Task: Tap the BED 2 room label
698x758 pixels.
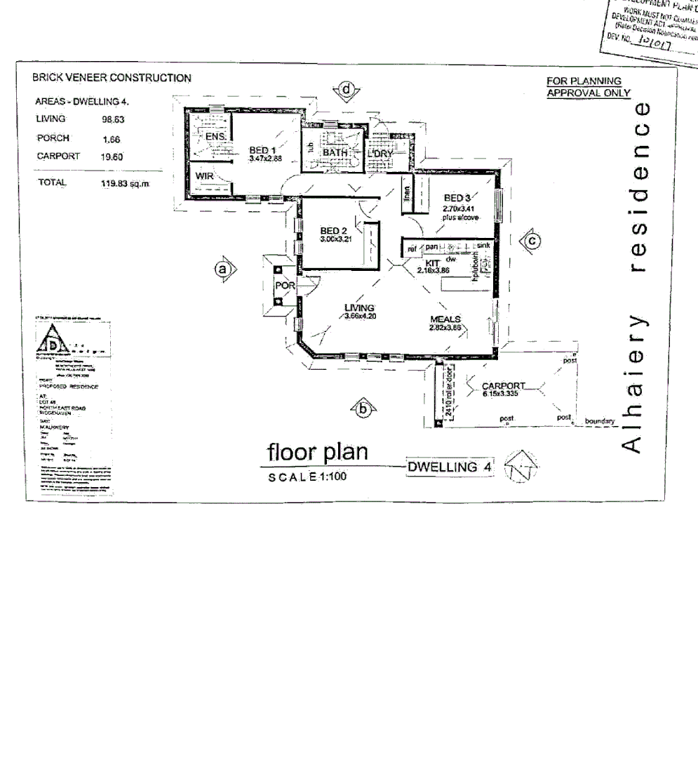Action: click(x=334, y=231)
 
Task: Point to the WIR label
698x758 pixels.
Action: click(x=204, y=176)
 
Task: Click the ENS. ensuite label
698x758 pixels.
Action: click(x=213, y=137)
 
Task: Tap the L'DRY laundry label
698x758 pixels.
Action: click(x=383, y=153)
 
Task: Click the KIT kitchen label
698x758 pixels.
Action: click(x=422, y=262)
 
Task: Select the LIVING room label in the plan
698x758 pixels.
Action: click(x=359, y=307)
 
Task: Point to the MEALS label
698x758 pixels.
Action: click(x=445, y=319)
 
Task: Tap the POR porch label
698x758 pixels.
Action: click(x=283, y=286)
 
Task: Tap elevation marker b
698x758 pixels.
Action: click(x=363, y=408)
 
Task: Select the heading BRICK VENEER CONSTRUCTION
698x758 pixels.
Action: click(x=111, y=78)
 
